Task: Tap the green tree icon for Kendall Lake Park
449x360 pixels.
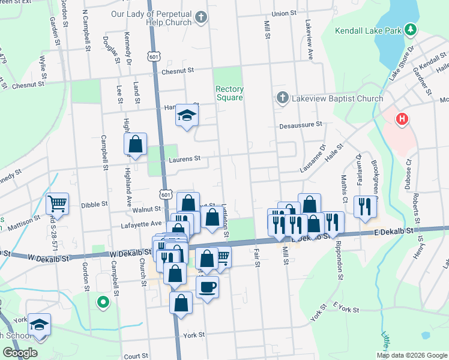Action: [411, 29]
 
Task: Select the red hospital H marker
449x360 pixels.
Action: [402, 120]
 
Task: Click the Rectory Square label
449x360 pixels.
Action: [229, 94]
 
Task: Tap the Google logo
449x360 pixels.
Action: [20, 353]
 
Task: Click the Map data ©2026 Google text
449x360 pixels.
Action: [412, 355]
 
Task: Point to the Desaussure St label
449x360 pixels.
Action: [301, 125]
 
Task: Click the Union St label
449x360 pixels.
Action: [284, 13]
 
